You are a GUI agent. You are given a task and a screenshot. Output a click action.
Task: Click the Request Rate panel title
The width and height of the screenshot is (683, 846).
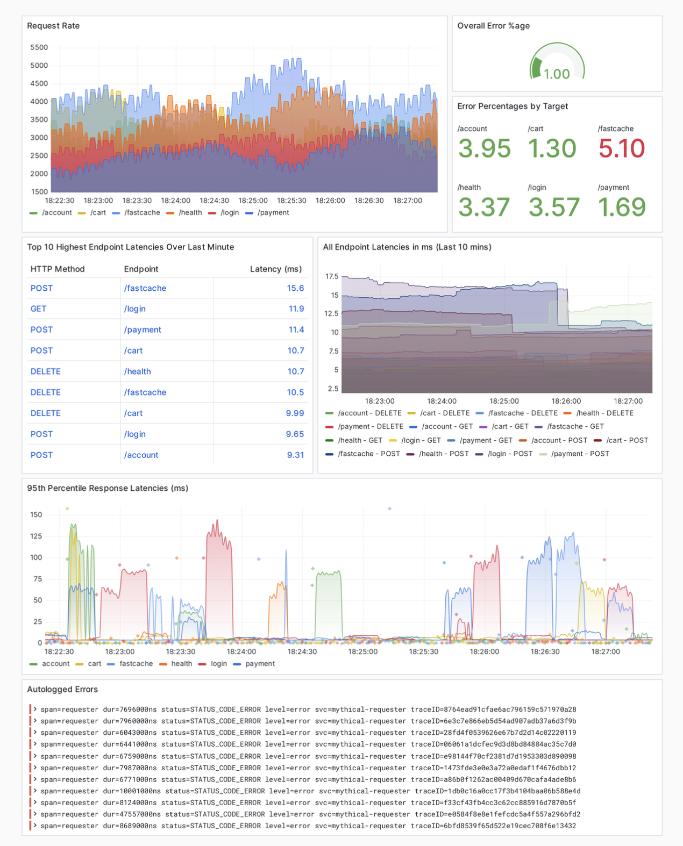tap(53, 26)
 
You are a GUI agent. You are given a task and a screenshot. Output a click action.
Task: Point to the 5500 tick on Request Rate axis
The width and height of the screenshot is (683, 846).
tap(39, 47)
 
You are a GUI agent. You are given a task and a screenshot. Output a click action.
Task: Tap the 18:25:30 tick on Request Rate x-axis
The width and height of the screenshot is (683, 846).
tap(291, 200)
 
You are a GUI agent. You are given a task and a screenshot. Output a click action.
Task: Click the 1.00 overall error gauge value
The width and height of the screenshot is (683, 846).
tap(557, 74)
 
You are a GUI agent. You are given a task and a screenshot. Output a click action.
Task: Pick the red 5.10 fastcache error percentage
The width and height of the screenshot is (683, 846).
tap(621, 148)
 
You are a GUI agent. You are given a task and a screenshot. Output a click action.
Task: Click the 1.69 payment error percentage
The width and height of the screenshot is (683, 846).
tap(622, 207)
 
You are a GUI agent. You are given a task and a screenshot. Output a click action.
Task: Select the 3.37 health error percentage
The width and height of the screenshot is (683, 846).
tap(483, 207)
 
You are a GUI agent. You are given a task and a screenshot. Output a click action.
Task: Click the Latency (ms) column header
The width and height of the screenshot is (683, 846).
tap(275, 269)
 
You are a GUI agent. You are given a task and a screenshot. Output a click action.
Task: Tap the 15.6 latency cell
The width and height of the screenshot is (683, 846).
tap(295, 288)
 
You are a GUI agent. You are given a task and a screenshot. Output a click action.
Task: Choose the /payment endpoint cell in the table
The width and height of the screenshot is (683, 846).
tap(143, 330)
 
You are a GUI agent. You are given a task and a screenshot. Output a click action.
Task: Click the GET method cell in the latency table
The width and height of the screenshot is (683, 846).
tap(38, 309)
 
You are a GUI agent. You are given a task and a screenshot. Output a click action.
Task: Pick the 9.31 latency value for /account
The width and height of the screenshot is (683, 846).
tap(295, 455)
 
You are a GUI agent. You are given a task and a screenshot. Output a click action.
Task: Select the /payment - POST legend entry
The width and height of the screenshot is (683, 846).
tap(580, 454)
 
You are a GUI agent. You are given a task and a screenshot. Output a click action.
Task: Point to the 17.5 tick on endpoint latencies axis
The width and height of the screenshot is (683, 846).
tap(332, 276)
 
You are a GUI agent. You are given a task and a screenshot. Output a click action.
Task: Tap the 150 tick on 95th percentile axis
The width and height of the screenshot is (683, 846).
tap(36, 515)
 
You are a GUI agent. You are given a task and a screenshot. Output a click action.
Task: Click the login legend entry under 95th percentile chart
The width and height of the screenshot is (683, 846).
tap(218, 664)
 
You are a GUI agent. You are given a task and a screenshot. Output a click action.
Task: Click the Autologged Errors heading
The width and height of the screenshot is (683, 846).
tap(62, 690)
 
